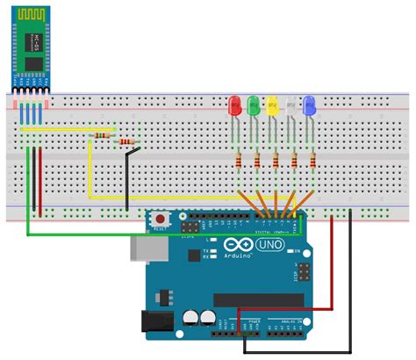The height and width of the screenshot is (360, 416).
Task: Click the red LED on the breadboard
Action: (x=234, y=108)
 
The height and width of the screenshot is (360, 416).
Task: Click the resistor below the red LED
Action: (x=240, y=160)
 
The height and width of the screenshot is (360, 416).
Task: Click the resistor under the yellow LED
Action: (x=276, y=160)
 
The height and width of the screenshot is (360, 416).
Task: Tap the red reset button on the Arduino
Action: (x=161, y=219)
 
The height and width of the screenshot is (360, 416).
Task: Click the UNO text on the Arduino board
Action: (x=269, y=245)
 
